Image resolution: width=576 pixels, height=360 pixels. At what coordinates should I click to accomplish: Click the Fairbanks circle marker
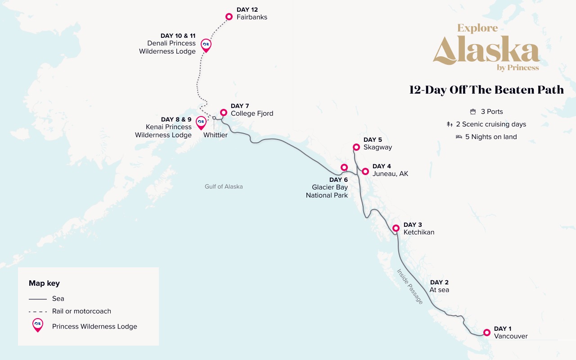(x=229, y=17)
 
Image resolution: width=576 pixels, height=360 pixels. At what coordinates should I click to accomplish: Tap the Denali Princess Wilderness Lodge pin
(x=206, y=45)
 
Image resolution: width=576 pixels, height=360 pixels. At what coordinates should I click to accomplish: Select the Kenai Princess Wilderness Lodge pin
(x=201, y=122)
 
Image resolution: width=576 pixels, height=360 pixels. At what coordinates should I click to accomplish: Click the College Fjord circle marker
(x=223, y=112)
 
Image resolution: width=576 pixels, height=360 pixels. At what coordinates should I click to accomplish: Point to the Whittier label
(x=215, y=135)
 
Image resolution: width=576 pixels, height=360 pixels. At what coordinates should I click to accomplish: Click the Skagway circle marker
(x=356, y=147)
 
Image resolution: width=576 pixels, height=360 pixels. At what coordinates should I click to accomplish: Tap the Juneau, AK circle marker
(x=365, y=171)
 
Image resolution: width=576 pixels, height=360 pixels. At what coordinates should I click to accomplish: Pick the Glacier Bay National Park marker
(x=344, y=167)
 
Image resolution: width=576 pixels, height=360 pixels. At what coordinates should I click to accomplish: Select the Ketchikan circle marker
(x=396, y=228)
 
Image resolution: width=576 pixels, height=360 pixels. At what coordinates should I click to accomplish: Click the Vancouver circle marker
(x=486, y=333)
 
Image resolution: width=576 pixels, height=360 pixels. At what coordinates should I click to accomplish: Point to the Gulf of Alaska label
(x=224, y=186)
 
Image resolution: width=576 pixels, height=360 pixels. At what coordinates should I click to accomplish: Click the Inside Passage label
(x=409, y=286)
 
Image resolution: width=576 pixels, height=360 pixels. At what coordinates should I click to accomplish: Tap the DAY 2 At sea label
(x=439, y=286)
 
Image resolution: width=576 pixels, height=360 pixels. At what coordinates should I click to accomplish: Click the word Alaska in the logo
(x=486, y=50)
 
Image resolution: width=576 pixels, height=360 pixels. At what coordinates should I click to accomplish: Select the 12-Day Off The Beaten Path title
(x=486, y=90)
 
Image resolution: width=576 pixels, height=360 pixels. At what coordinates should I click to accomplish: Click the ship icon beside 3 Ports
(x=472, y=112)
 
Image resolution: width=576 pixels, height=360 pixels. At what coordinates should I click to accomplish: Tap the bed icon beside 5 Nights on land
(x=459, y=137)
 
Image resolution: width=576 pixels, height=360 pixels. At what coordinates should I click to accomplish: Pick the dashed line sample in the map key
(x=38, y=311)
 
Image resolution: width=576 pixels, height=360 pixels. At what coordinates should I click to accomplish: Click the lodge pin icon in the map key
(x=38, y=325)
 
